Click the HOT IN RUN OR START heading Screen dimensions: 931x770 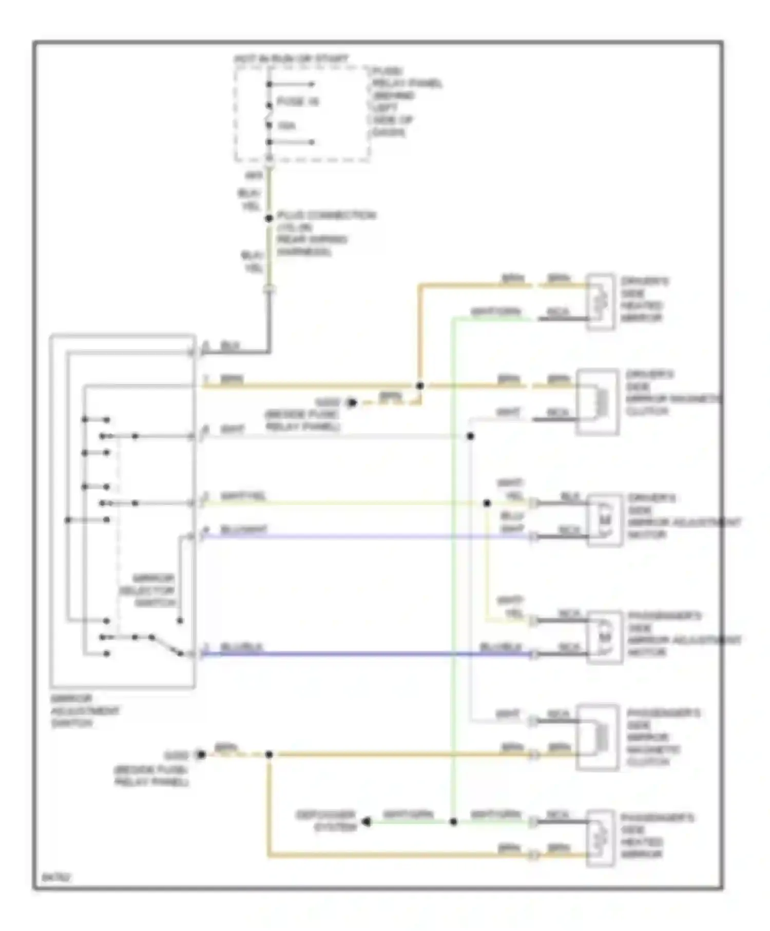[291, 60]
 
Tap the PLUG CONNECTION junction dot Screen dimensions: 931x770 [268, 219]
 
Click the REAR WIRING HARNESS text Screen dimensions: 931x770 [312, 246]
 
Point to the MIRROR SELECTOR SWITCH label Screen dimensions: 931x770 [148, 590]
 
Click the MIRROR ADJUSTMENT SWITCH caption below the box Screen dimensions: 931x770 [85, 711]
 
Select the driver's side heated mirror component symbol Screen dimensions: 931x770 [600, 302]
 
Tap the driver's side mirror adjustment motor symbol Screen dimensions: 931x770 [604, 520]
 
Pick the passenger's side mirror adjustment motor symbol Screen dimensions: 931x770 [604, 637]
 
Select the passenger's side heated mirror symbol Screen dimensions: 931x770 [600, 838]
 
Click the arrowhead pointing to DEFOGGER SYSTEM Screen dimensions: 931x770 [366, 822]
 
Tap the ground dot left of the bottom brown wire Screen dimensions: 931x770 [201, 754]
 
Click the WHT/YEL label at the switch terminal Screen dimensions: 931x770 [243, 496]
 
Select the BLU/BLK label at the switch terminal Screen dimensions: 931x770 [241, 647]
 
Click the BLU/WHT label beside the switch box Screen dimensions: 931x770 [243, 530]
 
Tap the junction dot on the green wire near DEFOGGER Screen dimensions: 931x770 [453, 822]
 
